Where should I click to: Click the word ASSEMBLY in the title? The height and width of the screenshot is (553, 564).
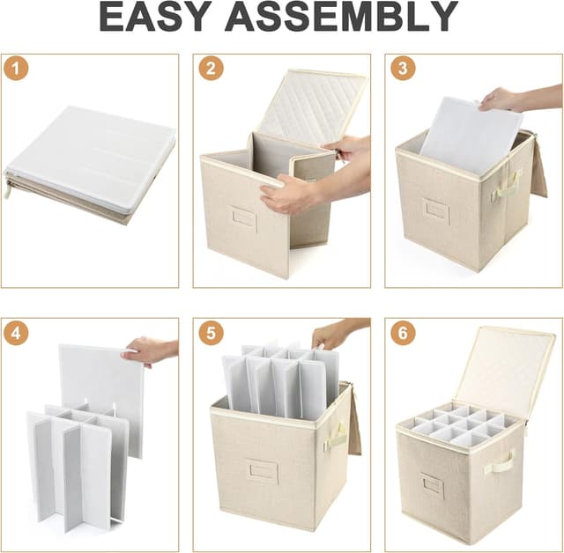pos(342,17)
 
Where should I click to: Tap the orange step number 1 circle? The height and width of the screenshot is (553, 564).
pos(16,68)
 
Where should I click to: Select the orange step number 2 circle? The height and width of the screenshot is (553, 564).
pos(211,68)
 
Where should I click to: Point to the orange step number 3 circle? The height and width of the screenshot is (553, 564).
pos(403,68)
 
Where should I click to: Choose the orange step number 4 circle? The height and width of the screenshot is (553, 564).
pos(16,333)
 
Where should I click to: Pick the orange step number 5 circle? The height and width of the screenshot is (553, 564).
pos(211,333)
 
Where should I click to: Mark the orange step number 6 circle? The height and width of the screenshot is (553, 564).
pos(403,333)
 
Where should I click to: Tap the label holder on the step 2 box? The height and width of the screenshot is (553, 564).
pos(244,216)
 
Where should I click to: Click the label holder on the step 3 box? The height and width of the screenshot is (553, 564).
pos(436,209)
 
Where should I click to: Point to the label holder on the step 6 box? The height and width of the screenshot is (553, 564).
pos(433,483)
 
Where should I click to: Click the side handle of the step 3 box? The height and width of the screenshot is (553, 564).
pos(506,186)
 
